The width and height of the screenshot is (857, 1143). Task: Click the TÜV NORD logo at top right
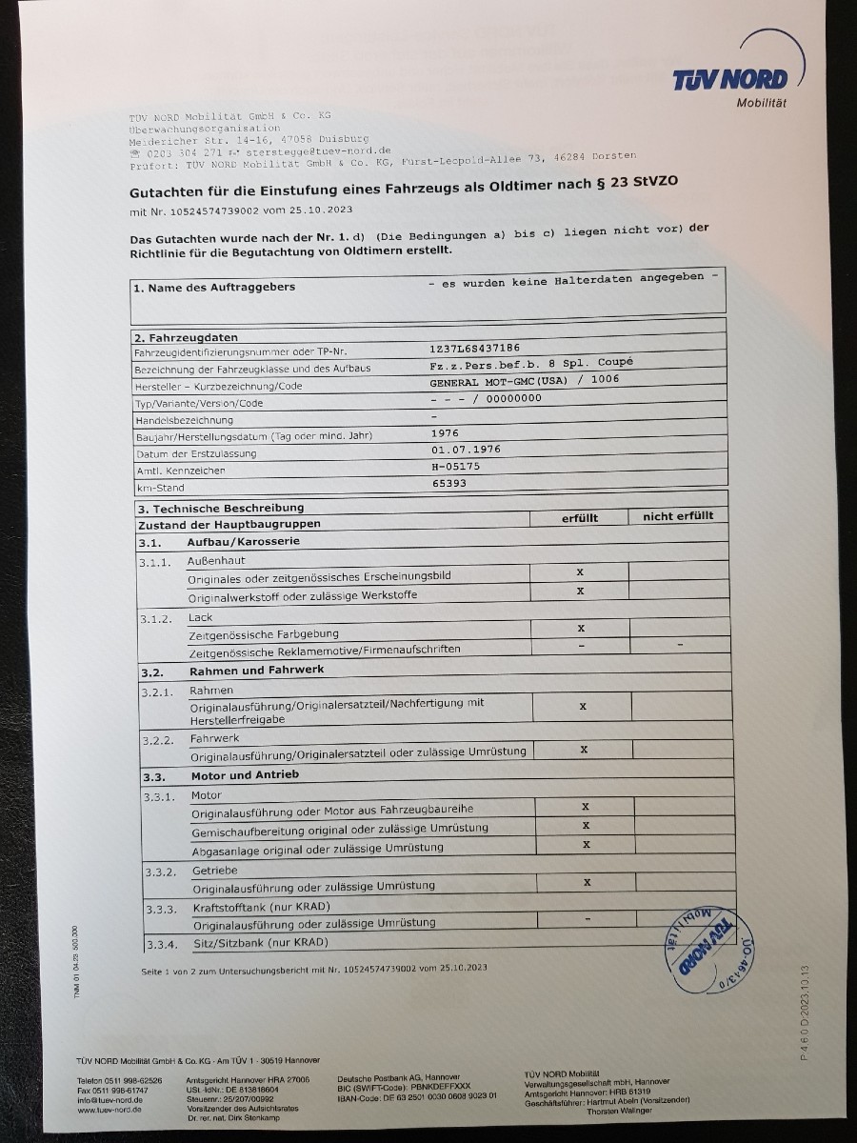(x=731, y=78)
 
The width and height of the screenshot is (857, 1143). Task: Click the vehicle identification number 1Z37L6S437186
(x=475, y=350)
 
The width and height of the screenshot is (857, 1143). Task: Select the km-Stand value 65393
(x=449, y=483)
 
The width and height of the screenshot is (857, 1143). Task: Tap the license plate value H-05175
(x=456, y=467)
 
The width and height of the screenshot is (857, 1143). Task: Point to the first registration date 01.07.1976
(x=466, y=450)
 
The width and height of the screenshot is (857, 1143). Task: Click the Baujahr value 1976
(x=445, y=432)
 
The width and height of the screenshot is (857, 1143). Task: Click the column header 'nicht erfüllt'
(x=678, y=516)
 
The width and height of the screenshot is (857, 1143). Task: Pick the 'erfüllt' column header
(x=580, y=517)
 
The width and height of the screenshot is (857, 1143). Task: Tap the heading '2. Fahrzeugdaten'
(x=187, y=337)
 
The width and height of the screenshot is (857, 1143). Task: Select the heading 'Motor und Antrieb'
(x=245, y=774)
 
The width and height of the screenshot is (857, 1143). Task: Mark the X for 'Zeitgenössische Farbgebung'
(x=581, y=629)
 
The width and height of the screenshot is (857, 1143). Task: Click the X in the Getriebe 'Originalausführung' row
(x=587, y=882)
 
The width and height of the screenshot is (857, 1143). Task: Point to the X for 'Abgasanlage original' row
(x=586, y=844)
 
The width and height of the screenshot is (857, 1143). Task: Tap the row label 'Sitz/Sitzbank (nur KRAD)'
(x=260, y=942)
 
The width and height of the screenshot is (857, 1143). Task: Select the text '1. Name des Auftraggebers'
(x=214, y=287)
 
